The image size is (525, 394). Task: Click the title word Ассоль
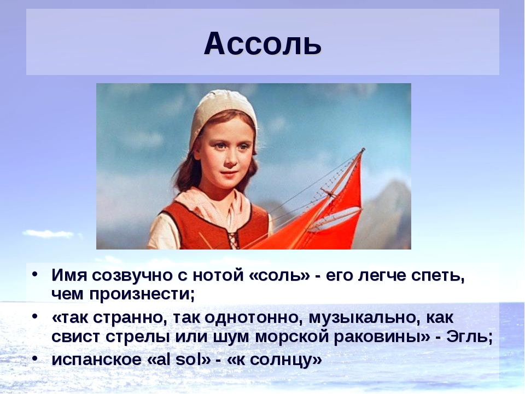[x=262, y=44]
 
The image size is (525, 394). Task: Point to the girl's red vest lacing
[x=234, y=237]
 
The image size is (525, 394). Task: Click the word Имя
[x=69, y=275]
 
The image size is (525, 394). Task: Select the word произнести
[x=140, y=295]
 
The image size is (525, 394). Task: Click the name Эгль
[x=469, y=337]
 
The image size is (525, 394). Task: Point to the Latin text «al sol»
[x=179, y=360]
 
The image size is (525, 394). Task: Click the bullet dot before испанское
[x=34, y=358]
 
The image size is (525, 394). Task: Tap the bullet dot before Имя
[x=34, y=274]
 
